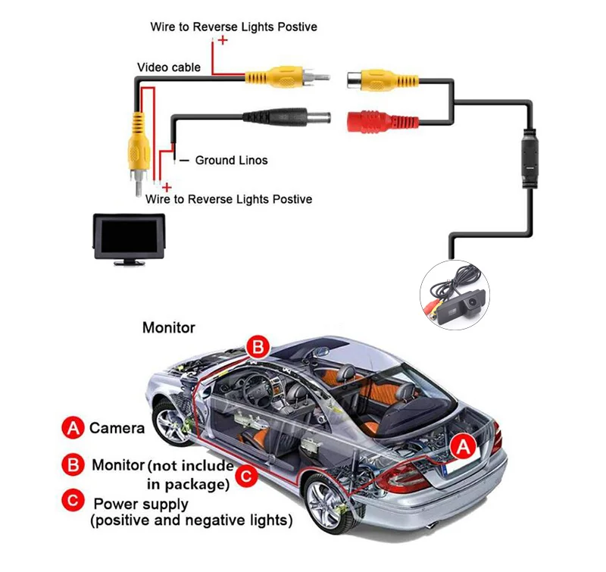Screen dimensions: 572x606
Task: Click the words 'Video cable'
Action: tap(169, 67)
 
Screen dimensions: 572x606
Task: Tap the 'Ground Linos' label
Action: tap(231, 160)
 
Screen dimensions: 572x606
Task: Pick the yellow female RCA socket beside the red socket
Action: tap(376, 79)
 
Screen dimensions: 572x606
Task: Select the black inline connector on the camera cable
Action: tap(529, 157)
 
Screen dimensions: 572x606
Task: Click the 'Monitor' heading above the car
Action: tap(169, 328)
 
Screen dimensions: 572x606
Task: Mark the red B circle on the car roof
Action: tap(258, 349)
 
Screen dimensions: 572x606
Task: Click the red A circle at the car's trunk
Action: tap(462, 447)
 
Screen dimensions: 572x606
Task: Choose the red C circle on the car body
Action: tap(245, 477)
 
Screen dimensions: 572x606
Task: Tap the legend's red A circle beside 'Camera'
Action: tap(73, 428)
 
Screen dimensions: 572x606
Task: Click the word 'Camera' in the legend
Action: tap(117, 428)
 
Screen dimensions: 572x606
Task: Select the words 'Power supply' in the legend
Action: tap(141, 503)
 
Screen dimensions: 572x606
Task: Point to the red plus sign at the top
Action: tap(223, 40)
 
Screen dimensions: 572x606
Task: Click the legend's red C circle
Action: tap(73, 501)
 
